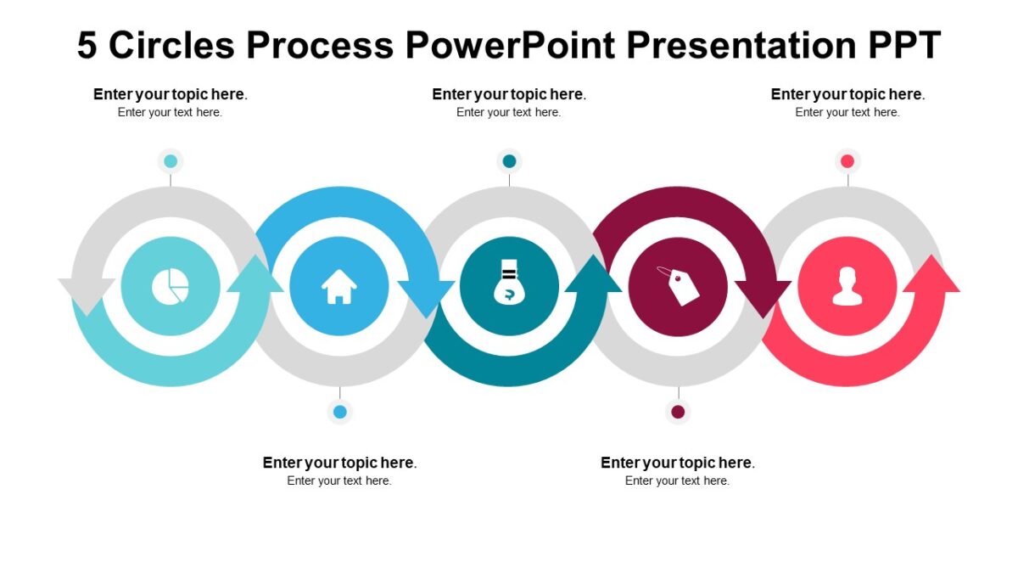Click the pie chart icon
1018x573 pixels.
(x=170, y=286)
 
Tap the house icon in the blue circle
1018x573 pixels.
(x=338, y=286)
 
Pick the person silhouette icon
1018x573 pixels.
(x=847, y=286)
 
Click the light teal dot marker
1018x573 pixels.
(x=171, y=161)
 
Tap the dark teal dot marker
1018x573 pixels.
(x=509, y=161)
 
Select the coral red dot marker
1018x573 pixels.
(x=847, y=161)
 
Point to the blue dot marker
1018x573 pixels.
(x=340, y=413)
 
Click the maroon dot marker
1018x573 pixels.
(x=678, y=413)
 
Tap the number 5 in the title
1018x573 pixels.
(x=87, y=45)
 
